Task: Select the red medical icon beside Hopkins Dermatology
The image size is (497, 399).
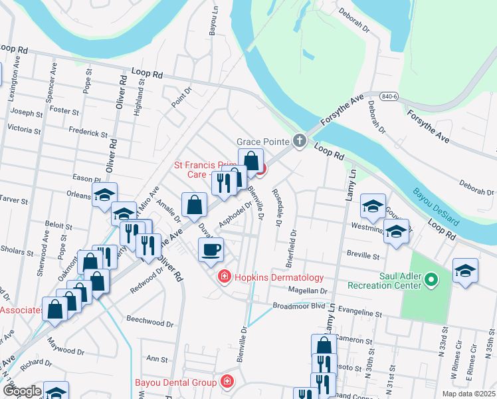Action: [225, 277]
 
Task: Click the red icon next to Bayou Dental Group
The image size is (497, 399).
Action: [227, 382]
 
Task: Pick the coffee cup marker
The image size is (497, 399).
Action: [211, 250]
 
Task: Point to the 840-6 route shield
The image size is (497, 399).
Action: [391, 96]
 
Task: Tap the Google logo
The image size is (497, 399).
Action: [22, 391]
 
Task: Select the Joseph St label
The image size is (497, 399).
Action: [27, 114]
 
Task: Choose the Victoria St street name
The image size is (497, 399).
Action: [24, 128]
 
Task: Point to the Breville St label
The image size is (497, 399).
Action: [363, 254]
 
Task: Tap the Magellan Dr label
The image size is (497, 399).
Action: [308, 291]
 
